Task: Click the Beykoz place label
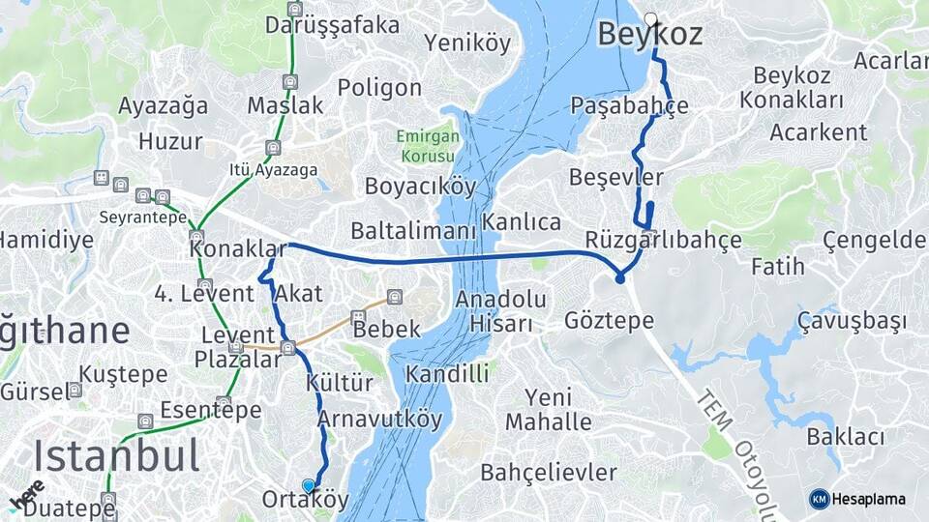[x=648, y=35]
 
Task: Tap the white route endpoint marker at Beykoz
[x=651, y=18]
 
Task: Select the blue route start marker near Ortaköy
[x=309, y=485]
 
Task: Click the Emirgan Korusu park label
[x=425, y=147]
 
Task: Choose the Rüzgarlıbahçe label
[x=663, y=240]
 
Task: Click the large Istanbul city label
[x=116, y=455]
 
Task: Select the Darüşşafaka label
[x=332, y=24]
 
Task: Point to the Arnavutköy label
[x=379, y=420]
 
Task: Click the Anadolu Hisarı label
[x=501, y=310]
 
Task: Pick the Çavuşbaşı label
[x=852, y=320]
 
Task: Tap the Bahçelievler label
[x=549, y=473]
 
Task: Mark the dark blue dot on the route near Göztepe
[x=619, y=279]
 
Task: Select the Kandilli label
[x=447, y=373]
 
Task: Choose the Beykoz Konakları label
[x=792, y=87]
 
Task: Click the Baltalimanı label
[x=413, y=232]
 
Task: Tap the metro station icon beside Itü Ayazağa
[x=274, y=148]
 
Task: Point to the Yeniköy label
[x=467, y=43]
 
